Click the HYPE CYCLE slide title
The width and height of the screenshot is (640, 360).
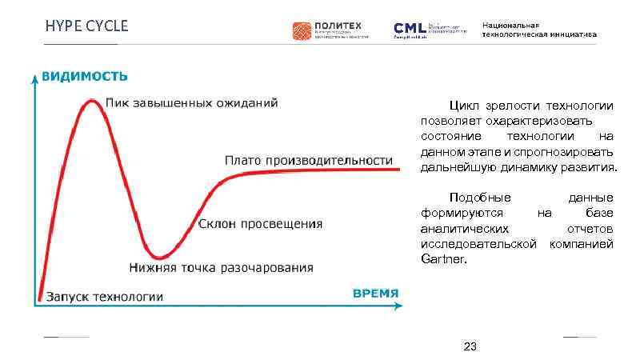coord(86,26)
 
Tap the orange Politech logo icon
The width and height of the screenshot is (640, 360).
coord(301,30)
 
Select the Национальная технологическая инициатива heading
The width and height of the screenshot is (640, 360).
coord(538,30)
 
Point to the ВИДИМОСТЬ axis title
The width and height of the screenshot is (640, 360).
coord(84,76)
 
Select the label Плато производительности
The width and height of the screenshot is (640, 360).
coord(309,160)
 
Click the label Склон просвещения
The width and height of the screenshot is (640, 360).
coord(260,224)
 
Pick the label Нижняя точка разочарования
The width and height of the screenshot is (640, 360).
coord(222,267)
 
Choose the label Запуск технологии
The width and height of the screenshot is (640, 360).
coord(104,297)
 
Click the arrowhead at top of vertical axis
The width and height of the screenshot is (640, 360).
coord(34,78)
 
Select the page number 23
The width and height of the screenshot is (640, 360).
coord(470,346)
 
